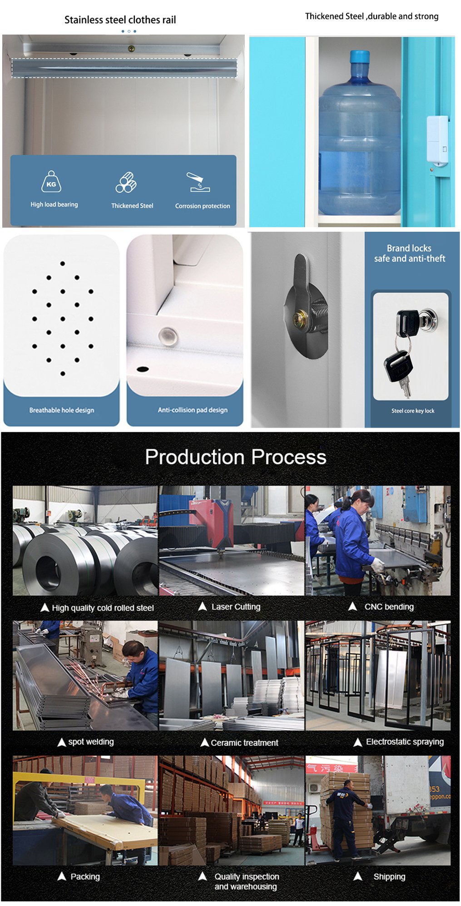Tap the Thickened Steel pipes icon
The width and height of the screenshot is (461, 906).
point(126,183)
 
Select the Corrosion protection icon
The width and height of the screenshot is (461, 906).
point(198,182)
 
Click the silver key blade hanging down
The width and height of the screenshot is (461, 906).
point(406,388)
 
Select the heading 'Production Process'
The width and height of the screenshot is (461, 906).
point(235,457)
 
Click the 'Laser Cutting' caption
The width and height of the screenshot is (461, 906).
point(236,607)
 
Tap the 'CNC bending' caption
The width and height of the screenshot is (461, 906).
point(389,607)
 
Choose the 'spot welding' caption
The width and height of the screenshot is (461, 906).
point(91,742)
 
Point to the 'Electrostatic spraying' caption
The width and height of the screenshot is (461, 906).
point(405,742)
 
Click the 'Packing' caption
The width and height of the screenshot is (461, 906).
point(85,876)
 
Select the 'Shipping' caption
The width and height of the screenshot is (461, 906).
point(389,876)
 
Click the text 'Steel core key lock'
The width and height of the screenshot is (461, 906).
point(413,411)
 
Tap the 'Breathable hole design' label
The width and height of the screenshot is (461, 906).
point(62,410)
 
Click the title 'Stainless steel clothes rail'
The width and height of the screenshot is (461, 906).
point(120,20)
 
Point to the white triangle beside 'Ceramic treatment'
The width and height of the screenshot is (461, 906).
point(204,742)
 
